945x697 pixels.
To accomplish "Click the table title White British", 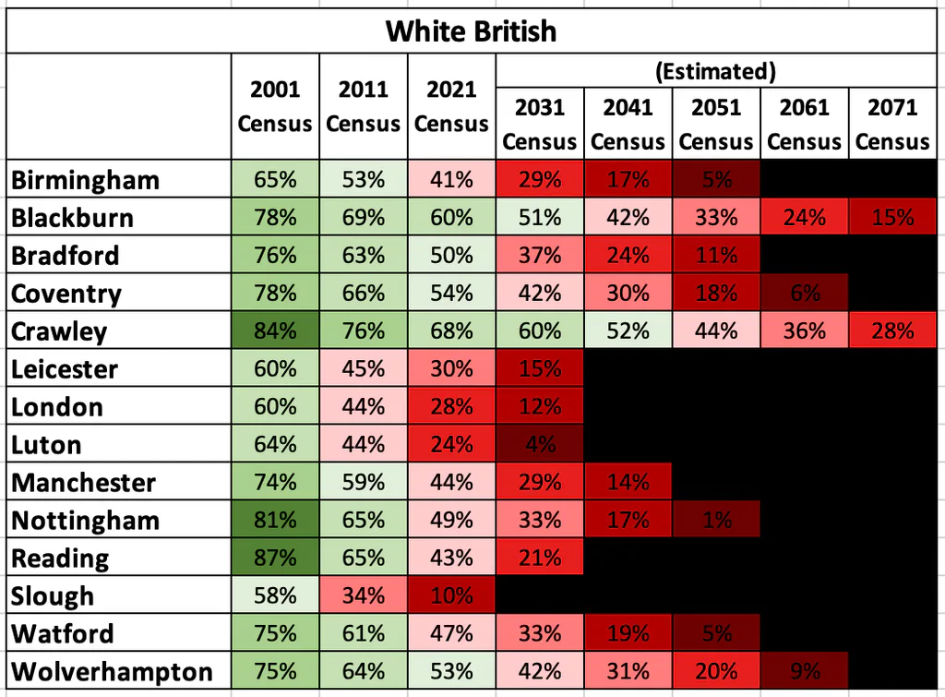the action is (471, 30).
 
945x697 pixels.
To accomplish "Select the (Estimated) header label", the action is (715, 71).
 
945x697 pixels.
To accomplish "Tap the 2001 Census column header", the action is (275, 106).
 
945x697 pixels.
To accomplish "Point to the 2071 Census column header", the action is (892, 125).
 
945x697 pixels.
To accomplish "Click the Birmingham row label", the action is (85, 180).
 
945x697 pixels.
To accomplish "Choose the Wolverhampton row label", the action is (112, 671).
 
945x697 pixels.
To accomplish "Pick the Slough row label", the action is (53, 595).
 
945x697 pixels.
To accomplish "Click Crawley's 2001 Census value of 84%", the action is (275, 330).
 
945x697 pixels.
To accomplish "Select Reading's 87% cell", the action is (275, 558).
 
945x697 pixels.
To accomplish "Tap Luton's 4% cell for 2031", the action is (540, 444).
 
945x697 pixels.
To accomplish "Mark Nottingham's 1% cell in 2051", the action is (716, 520).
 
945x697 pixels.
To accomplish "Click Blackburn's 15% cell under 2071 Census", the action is (892, 217).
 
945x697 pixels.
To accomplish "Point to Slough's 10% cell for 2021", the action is (451, 595).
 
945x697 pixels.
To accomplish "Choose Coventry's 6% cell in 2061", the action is (805, 293).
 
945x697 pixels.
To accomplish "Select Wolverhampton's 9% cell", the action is (805, 671).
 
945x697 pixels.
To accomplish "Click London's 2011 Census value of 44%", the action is (364, 406).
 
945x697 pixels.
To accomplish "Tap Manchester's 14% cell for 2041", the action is (628, 482).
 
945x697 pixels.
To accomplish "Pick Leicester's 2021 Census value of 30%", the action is (451, 368).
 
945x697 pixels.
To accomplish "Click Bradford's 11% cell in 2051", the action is (716, 255).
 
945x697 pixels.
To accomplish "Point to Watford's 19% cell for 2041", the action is (628, 633).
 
